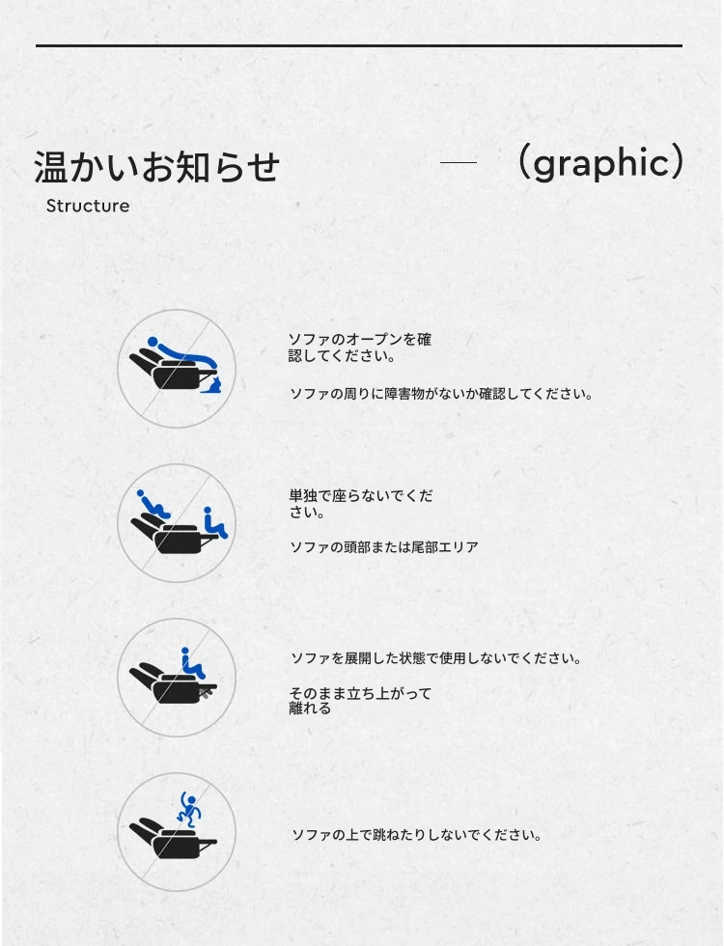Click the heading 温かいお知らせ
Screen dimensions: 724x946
click(156, 166)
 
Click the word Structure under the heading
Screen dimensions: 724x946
click(88, 206)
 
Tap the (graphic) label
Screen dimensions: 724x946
click(600, 163)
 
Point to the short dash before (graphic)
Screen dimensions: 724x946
click(458, 162)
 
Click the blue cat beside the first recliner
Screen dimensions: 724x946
click(211, 383)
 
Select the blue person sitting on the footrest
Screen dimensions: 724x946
click(214, 522)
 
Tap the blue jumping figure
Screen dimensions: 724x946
click(189, 810)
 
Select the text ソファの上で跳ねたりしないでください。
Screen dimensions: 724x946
click(417, 835)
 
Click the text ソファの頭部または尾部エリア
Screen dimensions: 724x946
click(384, 547)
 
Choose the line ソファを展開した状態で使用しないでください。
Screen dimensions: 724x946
click(436, 658)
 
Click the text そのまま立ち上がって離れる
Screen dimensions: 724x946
click(360, 701)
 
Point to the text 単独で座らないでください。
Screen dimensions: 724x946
click(361, 504)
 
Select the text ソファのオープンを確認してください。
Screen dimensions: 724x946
click(359, 348)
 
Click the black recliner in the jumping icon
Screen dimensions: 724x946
click(173, 839)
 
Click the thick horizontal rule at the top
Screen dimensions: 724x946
click(359, 45)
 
